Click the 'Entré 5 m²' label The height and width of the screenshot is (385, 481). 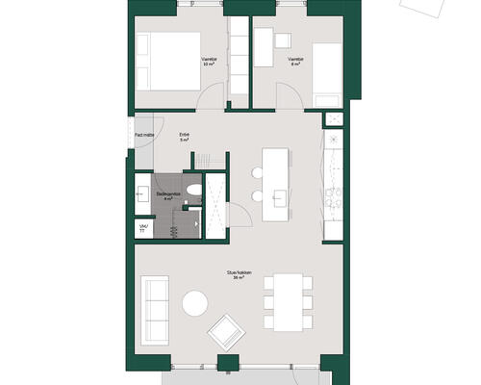[184, 137]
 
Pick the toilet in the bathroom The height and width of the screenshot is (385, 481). [193, 191]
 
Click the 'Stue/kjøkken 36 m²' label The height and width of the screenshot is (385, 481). [240, 275]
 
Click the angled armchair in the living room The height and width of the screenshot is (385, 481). [227, 332]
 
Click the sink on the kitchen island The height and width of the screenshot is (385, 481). [281, 196]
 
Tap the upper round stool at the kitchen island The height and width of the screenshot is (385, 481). [257, 172]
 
